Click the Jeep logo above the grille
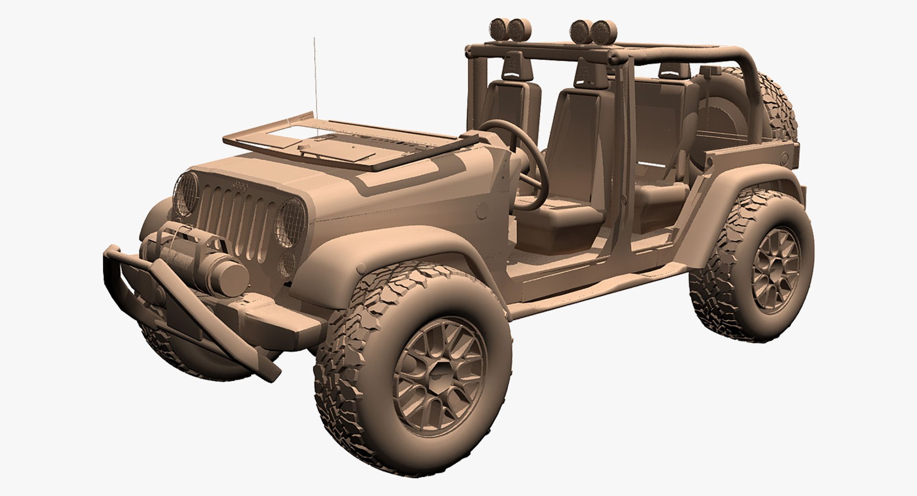tap(240, 186)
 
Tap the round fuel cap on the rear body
tap(784, 158)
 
